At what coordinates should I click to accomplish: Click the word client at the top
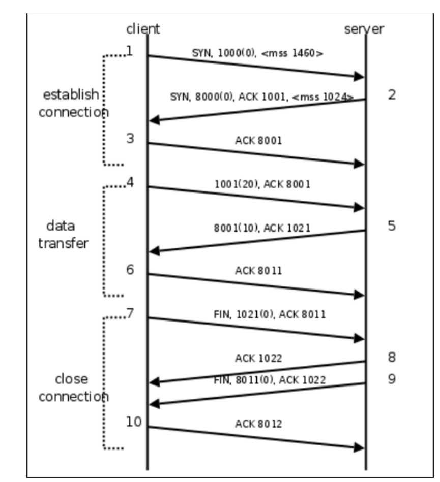[x=142, y=29]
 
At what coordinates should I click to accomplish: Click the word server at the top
[x=364, y=29]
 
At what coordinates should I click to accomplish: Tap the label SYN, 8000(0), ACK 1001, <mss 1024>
[x=261, y=97]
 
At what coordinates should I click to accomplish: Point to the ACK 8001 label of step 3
[x=258, y=140]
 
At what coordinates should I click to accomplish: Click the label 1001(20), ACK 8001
[x=262, y=184]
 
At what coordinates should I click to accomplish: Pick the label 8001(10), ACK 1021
[x=261, y=228]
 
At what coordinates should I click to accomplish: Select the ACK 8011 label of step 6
[x=258, y=271]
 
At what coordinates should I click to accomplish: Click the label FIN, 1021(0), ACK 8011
[x=269, y=315]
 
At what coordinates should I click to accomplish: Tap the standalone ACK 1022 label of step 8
[x=258, y=359]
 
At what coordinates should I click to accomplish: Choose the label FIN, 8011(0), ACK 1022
[x=269, y=379]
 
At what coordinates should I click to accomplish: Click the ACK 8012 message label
[x=258, y=424]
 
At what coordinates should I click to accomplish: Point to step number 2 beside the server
[x=391, y=94]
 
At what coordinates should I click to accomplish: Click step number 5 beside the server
[x=391, y=226]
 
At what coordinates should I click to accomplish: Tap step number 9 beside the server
[x=391, y=379]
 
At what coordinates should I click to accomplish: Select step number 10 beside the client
[x=133, y=422]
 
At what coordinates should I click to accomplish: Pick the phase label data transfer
[x=64, y=234]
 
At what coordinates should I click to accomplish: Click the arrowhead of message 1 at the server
[x=360, y=77]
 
